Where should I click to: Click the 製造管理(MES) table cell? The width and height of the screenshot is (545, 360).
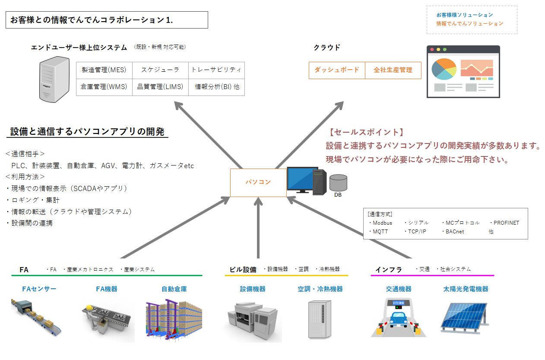104,70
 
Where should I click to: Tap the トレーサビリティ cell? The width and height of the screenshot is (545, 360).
216,70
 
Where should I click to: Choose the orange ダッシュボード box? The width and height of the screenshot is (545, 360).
337,70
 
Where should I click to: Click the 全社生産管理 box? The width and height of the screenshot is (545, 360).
393,70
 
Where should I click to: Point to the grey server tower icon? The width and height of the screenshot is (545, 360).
54,80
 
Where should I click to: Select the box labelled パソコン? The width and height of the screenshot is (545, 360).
258,182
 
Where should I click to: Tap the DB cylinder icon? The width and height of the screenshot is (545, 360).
338,182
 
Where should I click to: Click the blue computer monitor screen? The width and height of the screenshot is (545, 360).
303,178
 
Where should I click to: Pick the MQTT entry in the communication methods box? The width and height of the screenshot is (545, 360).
380,232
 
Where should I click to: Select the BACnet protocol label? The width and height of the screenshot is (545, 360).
455,232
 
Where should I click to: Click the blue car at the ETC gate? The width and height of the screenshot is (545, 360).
398,321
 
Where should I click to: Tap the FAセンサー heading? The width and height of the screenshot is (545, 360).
39,289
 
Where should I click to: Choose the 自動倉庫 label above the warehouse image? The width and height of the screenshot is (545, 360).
174,289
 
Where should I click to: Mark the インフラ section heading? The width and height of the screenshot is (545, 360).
389,270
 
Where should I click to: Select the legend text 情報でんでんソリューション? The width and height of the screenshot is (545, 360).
469,24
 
